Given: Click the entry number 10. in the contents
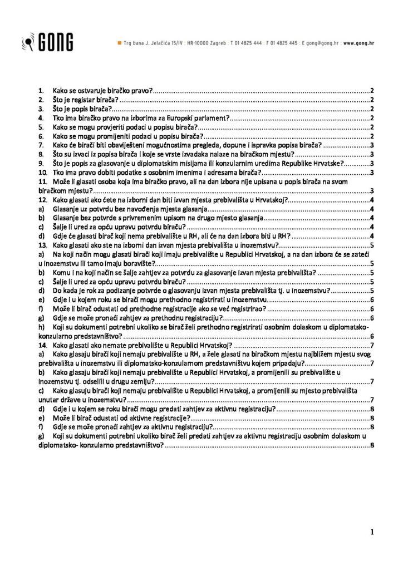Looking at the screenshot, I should tap(42, 173).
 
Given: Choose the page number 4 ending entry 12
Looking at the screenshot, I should tap(371, 200).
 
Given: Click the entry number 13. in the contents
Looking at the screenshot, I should tap(42, 245).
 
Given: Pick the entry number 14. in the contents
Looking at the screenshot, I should tap(42, 345).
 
